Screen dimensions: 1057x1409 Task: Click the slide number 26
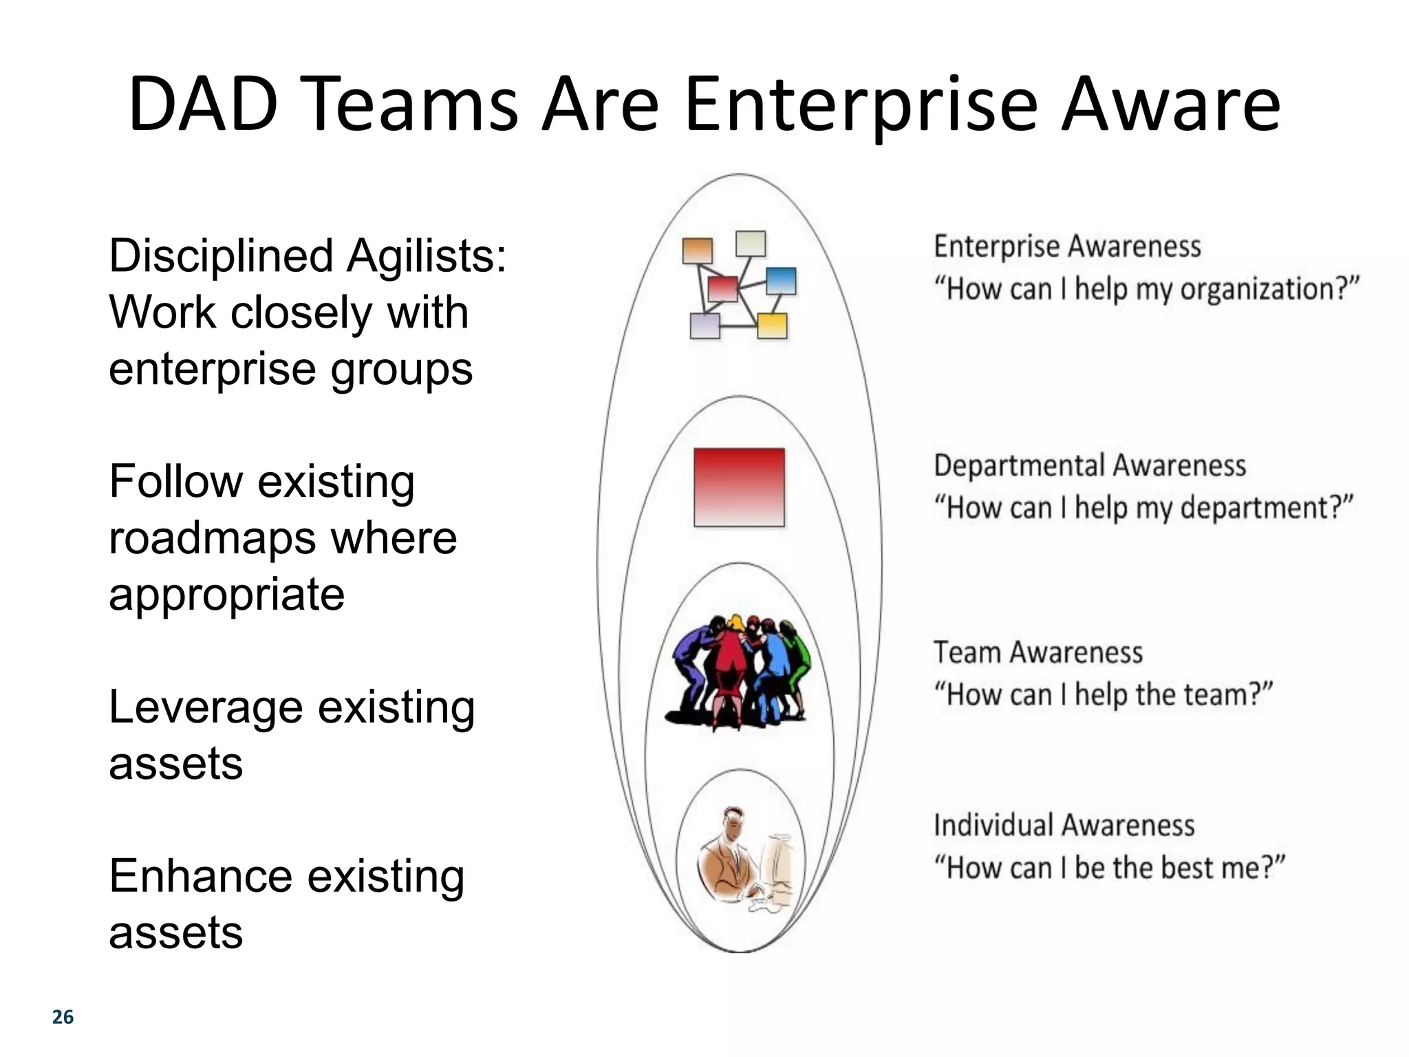click(63, 1017)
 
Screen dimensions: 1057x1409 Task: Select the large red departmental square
click(739, 487)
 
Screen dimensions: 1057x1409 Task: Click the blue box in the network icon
click(780, 281)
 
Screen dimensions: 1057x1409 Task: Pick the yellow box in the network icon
click(772, 325)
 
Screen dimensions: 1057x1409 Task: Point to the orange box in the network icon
click(697, 250)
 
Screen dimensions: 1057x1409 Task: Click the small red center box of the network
click(722, 288)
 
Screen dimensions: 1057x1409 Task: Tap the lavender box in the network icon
click(704, 325)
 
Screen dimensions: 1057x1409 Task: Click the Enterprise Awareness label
click(1066, 246)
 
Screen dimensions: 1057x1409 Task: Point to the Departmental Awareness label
click(1089, 466)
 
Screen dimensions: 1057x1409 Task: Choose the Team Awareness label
click(1037, 652)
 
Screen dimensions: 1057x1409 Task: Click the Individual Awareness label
click(1064, 825)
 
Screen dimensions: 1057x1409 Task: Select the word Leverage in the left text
click(205, 707)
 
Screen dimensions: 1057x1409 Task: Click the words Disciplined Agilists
click(307, 256)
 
